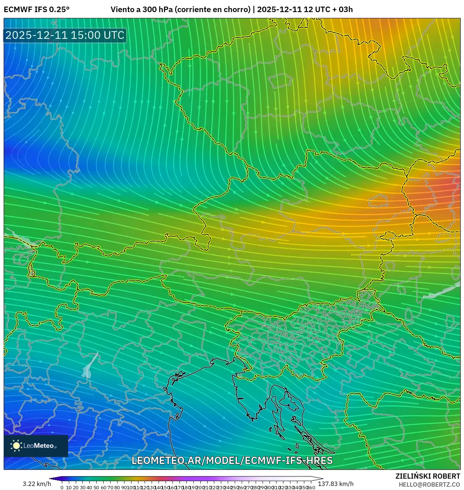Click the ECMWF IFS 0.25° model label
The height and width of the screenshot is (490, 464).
click(37, 10)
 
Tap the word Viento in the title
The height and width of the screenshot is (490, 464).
click(122, 10)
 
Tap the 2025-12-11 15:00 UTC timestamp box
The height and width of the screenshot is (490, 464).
click(65, 36)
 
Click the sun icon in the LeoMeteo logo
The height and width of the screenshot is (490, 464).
click(16, 446)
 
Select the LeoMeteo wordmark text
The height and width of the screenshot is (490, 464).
click(40, 446)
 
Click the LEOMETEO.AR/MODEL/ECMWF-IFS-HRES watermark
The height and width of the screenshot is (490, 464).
click(232, 461)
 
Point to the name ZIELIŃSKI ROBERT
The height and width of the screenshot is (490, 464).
click(427, 476)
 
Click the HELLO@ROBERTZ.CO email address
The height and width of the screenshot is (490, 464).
click(429, 485)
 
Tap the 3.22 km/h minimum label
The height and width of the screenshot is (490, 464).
click(37, 484)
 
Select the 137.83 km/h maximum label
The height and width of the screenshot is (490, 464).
click(335, 484)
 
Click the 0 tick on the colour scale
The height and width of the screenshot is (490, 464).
click(62, 487)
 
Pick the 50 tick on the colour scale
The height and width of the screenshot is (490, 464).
click(96, 487)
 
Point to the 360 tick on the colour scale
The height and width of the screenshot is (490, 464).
click(311, 487)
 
